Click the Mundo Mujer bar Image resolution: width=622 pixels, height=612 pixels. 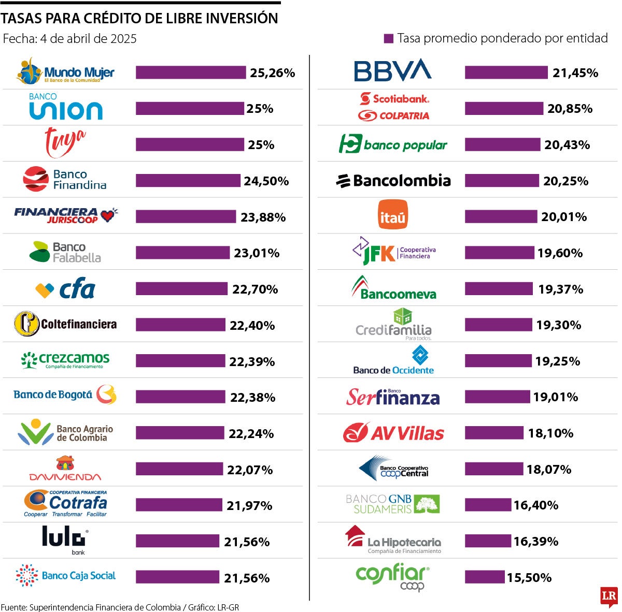pyautogui.click(x=190, y=72)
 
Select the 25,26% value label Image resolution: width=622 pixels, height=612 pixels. pyautogui.click(x=272, y=73)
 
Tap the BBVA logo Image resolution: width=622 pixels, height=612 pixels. pyautogui.click(x=392, y=70)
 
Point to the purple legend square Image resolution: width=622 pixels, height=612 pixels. pyautogui.click(x=388, y=38)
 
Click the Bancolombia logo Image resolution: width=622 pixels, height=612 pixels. pyautogui.click(x=393, y=181)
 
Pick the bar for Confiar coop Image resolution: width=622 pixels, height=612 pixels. pyautogui.click(x=484, y=577)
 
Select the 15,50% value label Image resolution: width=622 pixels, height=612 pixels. pyautogui.click(x=529, y=577)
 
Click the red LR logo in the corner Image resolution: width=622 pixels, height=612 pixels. pyautogui.click(x=609, y=596)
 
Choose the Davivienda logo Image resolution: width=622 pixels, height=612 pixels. pyautogui.click(x=65, y=469)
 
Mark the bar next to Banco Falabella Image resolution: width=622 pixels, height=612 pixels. pyautogui.click(x=182, y=253)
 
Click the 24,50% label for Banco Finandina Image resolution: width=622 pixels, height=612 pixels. pyautogui.click(x=266, y=181)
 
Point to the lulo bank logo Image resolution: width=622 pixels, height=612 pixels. pyautogui.click(x=64, y=540)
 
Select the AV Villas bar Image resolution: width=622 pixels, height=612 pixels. pyautogui.click(x=494, y=433)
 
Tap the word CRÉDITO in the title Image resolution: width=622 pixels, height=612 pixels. pyautogui.click(x=112, y=18)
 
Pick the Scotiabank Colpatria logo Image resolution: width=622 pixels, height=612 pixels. pyautogui.click(x=394, y=107)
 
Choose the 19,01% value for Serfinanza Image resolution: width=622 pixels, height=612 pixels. pyautogui.click(x=555, y=397)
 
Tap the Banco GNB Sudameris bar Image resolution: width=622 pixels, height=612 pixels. pyautogui.click(x=487, y=505)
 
